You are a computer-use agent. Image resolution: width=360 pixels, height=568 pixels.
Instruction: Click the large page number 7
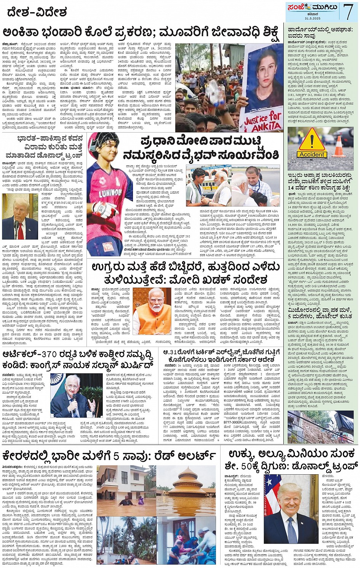point(348,11)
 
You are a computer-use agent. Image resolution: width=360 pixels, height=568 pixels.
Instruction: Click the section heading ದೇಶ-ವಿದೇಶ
point(35,12)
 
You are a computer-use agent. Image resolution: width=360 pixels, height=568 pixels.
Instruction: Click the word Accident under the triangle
point(312,155)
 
